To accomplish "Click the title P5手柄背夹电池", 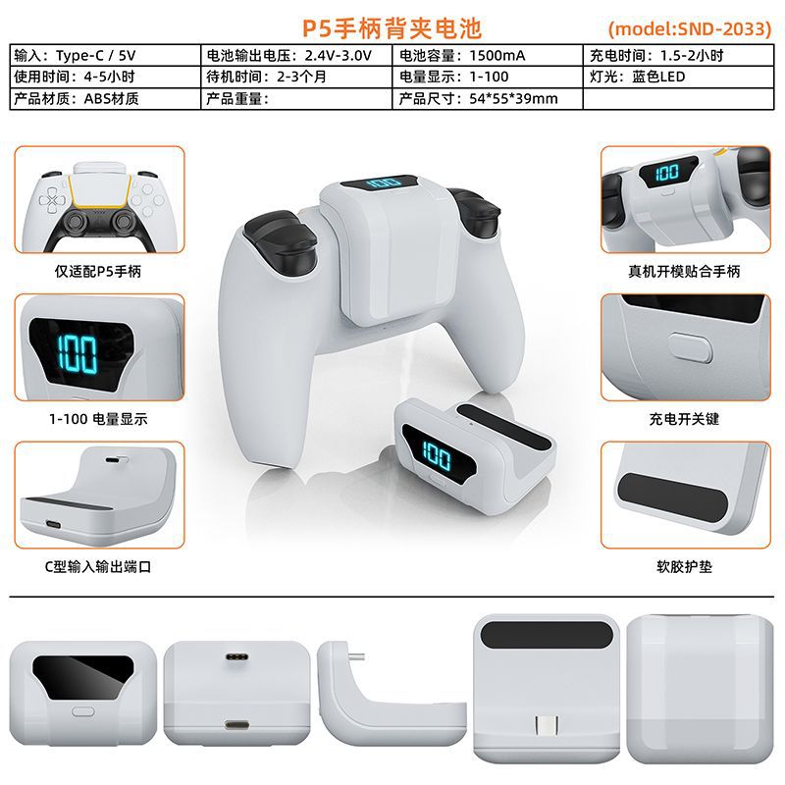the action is click(392, 28).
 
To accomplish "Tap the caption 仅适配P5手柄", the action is click(98, 272).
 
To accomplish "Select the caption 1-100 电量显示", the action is click(98, 419).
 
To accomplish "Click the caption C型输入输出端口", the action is click(98, 567).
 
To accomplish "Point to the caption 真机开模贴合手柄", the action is click(684, 272).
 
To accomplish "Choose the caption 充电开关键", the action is click(684, 419).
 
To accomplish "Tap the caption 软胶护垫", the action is click(684, 567).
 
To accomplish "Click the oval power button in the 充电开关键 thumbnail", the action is click(691, 347).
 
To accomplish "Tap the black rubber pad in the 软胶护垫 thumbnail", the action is click(672, 496).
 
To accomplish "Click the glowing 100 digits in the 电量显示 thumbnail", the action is click(78, 354).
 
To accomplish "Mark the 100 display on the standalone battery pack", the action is click(437, 455).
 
